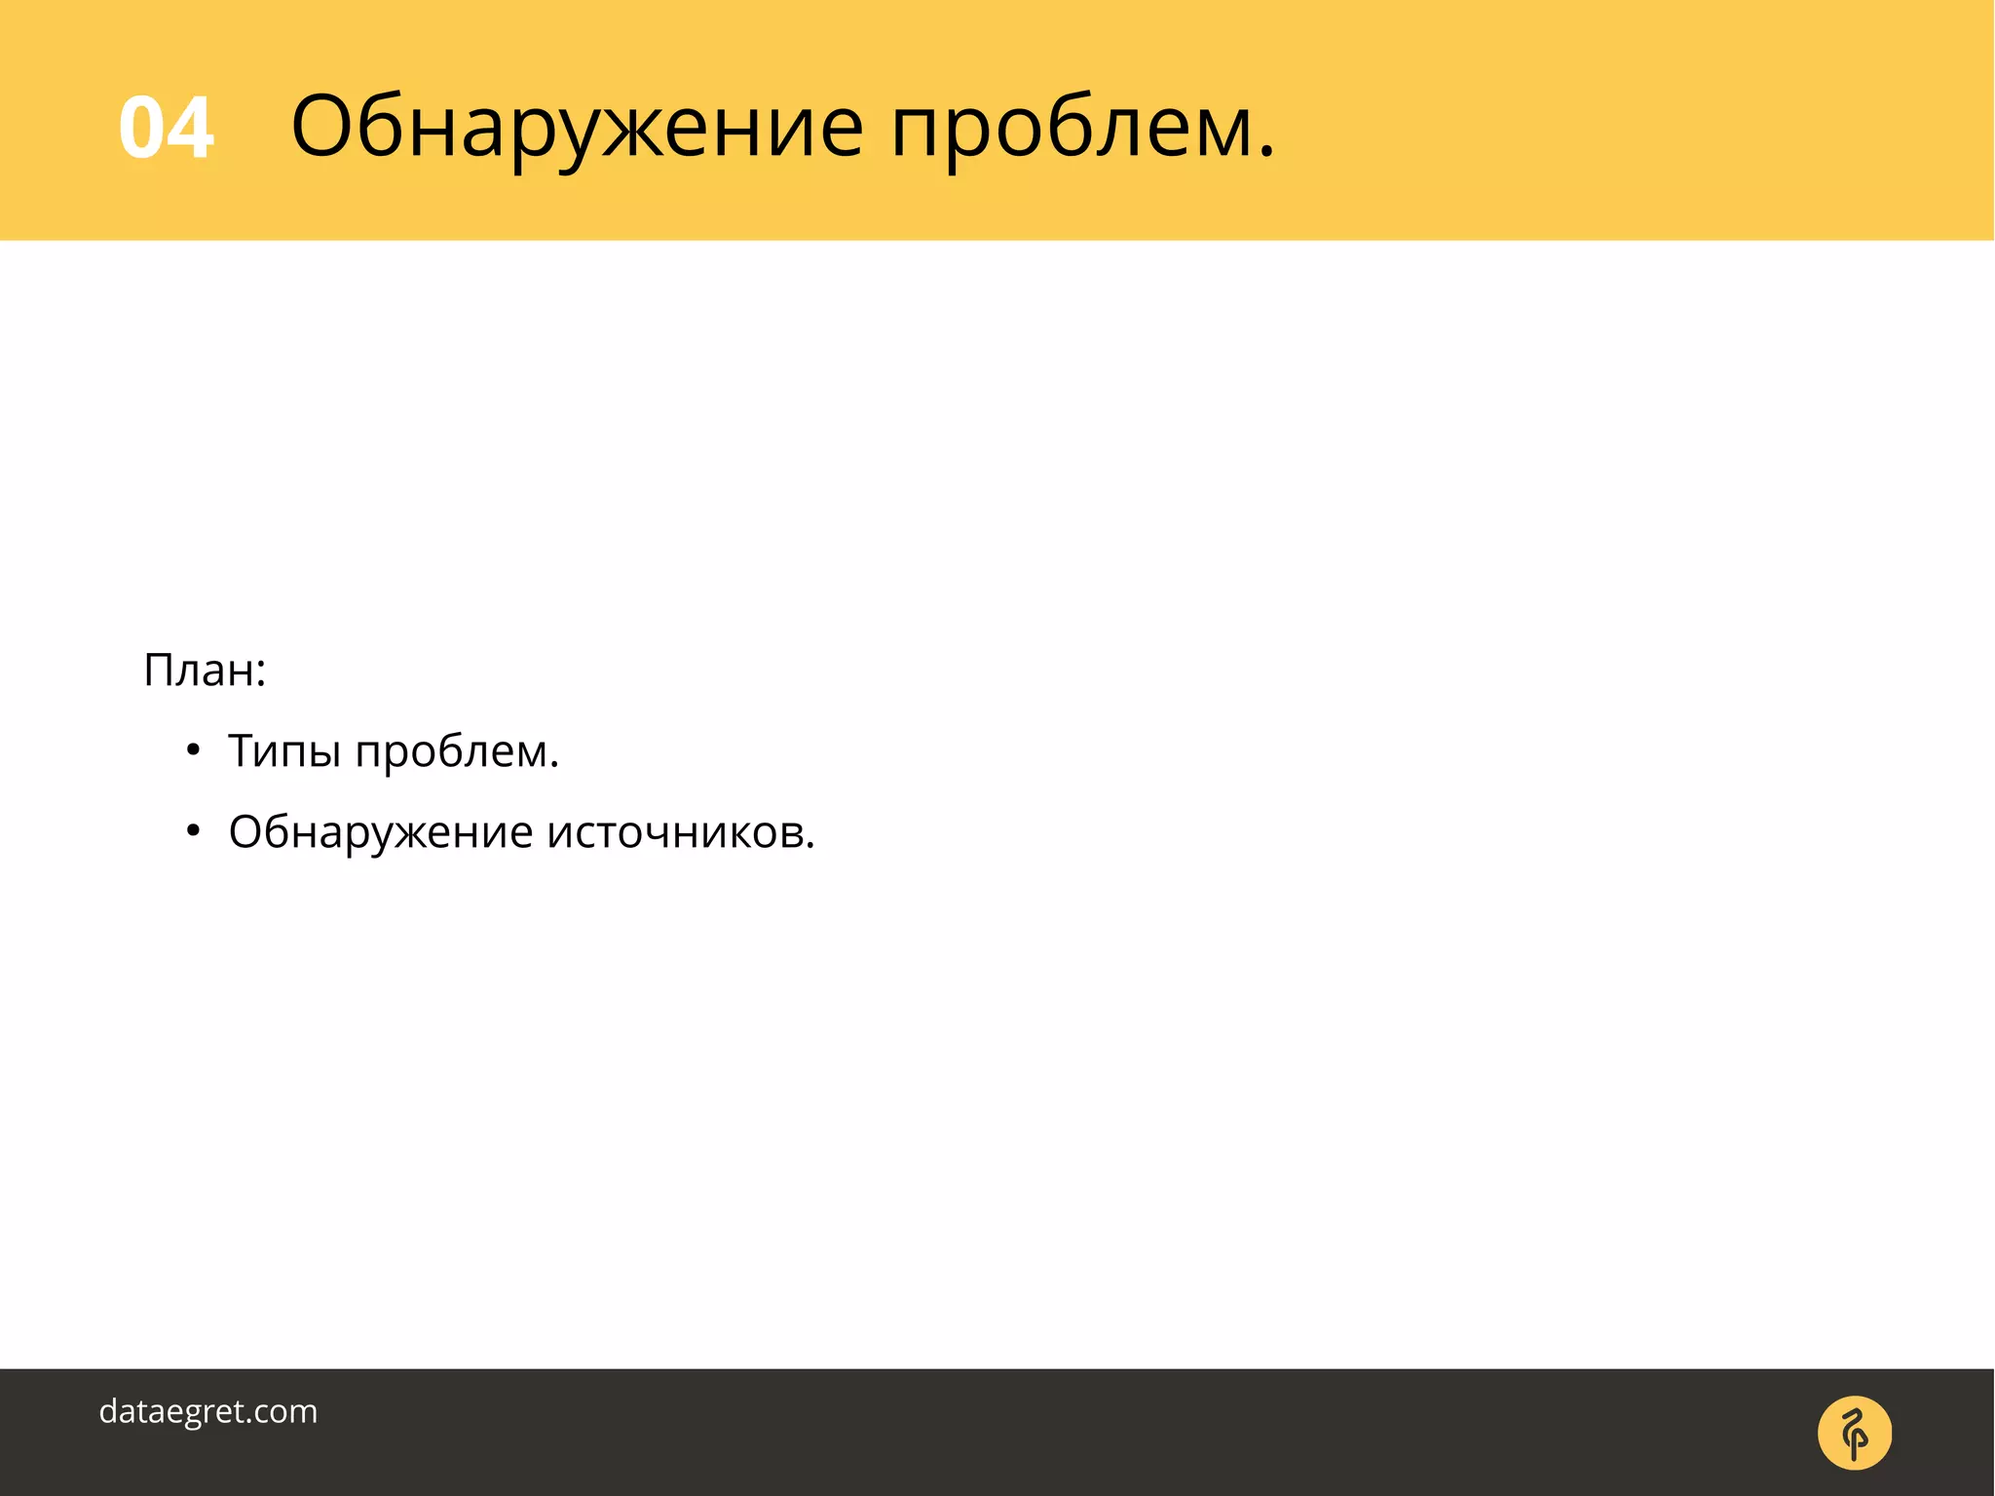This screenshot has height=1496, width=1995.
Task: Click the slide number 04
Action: (166, 128)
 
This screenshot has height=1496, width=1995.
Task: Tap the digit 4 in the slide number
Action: (190, 128)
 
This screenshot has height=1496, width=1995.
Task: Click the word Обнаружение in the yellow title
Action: (577, 128)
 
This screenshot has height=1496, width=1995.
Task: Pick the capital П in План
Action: (161, 671)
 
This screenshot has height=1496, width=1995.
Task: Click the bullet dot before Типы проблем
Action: (193, 750)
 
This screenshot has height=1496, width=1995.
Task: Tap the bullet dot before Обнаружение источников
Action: (193, 831)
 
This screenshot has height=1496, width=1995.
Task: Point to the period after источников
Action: (809, 845)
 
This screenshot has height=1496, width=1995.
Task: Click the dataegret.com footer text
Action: (208, 1411)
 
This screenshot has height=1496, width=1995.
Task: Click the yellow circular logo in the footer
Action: (1854, 1433)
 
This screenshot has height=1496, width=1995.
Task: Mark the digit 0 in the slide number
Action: (141, 128)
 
